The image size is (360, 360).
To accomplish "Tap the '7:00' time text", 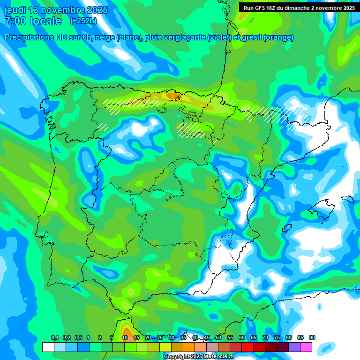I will [x=14, y=21].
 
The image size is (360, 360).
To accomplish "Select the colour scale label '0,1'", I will [x=54, y=338].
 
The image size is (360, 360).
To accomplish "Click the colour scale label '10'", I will [x=125, y=338].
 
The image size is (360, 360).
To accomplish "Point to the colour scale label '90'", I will [x=312, y=338].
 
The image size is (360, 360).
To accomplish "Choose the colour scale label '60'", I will [x=242, y=338].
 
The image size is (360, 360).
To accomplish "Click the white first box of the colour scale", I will [x=48, y=347].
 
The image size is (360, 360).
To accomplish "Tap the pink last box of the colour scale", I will [x=306, y=347].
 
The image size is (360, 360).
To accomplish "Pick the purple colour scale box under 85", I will [x=294, y=347].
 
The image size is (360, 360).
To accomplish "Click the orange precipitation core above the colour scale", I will [x=126, y=331].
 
